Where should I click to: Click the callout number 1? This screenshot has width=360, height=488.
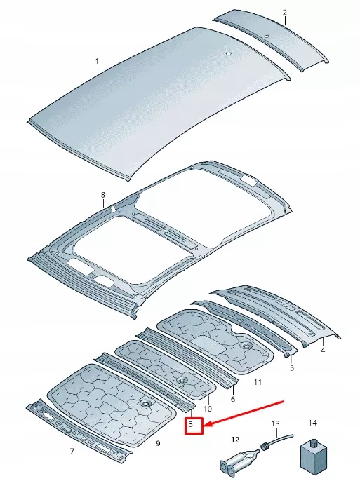98,61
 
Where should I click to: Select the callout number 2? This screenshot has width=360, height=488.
284,13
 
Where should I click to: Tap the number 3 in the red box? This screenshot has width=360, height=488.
191,425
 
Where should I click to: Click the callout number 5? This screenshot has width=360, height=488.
292,367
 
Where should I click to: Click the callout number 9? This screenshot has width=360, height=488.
158,444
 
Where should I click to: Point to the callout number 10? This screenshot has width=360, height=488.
208,409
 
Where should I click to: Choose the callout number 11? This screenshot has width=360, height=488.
258,382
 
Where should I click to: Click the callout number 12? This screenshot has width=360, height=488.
234,440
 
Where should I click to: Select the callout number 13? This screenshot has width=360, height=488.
275,423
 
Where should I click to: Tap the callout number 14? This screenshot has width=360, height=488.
313,423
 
